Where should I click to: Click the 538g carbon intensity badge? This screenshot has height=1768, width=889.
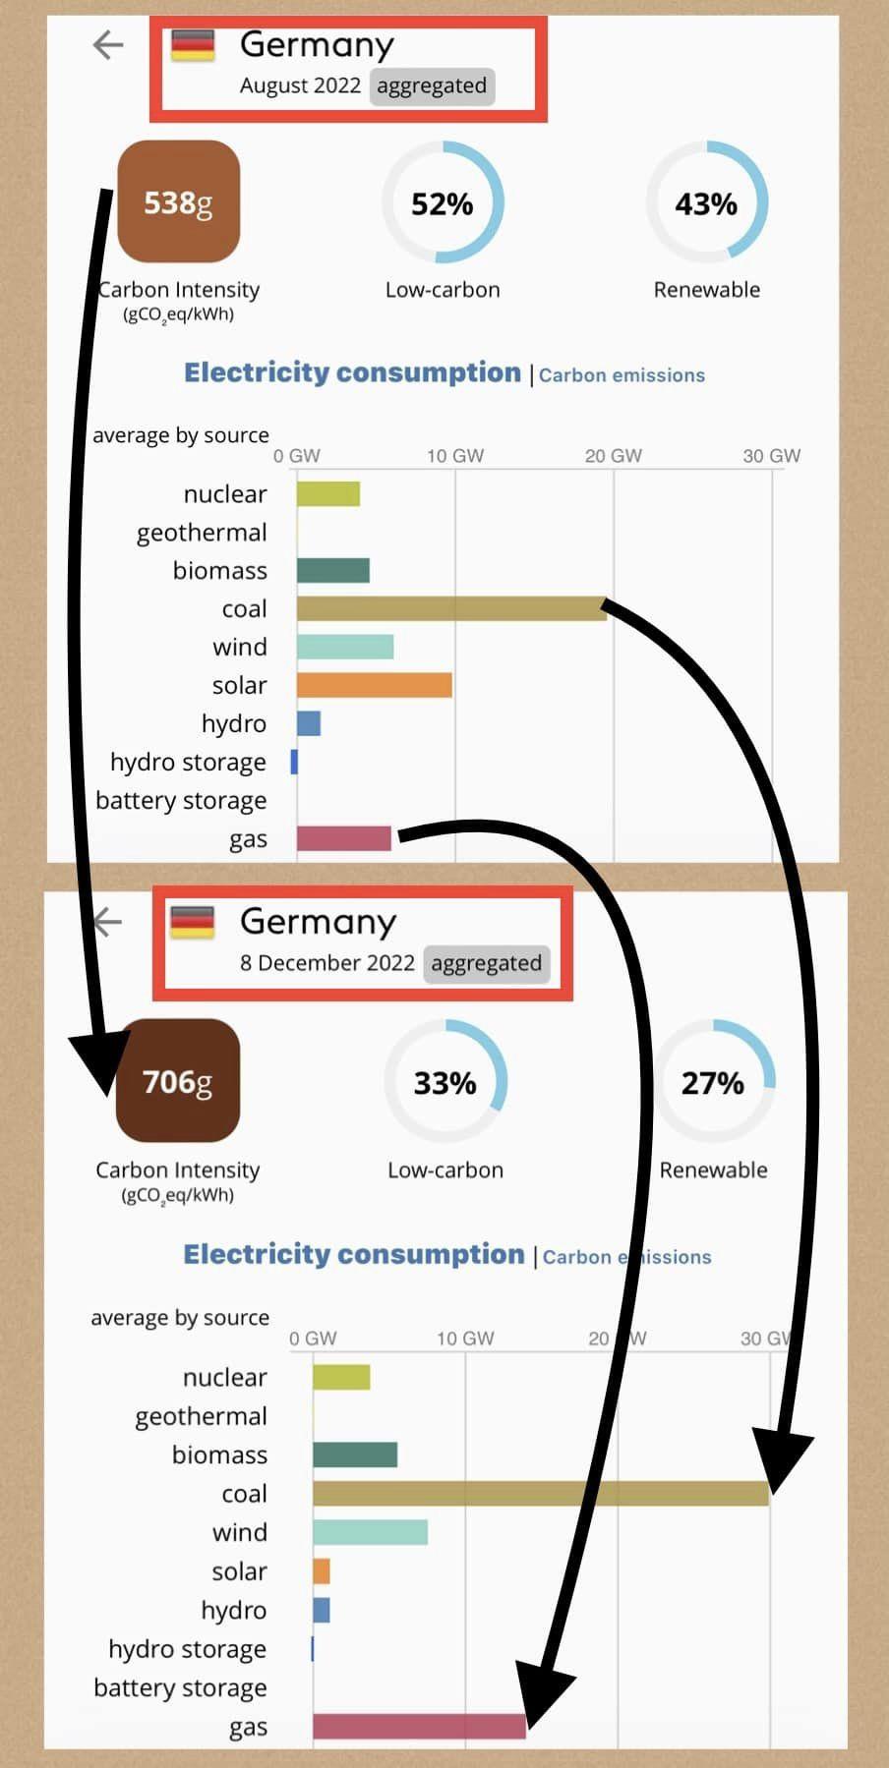[x=178, y=201]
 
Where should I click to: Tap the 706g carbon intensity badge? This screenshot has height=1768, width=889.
[x=178, y=1080]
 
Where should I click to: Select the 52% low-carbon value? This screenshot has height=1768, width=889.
[x=442, y=203]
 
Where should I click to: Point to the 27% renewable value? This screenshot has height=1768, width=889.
[x=713, y=1082]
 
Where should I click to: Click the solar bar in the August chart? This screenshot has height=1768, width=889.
[x=374, y=685]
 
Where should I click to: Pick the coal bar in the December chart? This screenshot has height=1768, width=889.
[x=540, y=1494]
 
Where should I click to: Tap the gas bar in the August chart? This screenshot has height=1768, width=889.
[x=343, y=838]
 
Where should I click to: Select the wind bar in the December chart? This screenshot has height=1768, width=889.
[x=370, y=1532]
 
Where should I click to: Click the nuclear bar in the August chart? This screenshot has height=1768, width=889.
[x=327, y=493]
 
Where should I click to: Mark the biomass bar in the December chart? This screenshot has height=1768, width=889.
[x=355, y=1454]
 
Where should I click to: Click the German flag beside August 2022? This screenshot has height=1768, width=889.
[x=193, y=45]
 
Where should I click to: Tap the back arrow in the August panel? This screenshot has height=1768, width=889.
[x=107, y=44]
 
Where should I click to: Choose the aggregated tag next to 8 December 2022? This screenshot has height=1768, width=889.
[x=486, y=963]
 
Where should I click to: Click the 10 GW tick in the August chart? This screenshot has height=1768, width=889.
[x=455, y=456]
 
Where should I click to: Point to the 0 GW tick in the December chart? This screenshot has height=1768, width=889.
[x=313, y=1339]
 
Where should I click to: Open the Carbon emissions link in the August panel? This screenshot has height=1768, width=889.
[x=622, y=375]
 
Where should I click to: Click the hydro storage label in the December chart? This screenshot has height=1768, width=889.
[x=187, y=1649]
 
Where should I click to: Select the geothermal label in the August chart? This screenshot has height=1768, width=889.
[x=202, y=533]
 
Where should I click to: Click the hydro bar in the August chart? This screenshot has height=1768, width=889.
[x=309, y=723]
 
